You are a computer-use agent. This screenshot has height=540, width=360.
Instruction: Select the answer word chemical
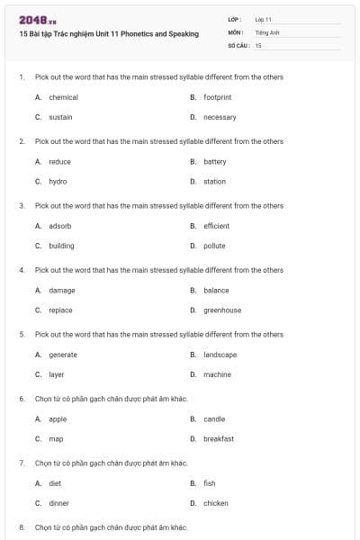63,97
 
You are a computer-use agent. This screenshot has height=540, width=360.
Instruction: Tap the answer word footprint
218,97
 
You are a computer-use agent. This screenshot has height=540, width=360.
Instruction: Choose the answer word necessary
220,117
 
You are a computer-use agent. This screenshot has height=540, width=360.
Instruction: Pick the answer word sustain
60,117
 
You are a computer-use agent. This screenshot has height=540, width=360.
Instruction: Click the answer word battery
215,162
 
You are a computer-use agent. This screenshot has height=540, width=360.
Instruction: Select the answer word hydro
58,182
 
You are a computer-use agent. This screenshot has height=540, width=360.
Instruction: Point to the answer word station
214,182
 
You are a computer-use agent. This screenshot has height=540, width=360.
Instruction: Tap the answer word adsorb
59,226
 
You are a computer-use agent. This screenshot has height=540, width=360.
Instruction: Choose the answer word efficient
216,226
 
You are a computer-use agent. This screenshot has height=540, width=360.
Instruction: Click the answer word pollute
214,246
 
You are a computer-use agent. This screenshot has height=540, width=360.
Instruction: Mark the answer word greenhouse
222,310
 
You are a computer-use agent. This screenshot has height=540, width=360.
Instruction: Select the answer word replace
60,310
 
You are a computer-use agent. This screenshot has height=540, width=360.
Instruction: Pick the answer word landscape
220,355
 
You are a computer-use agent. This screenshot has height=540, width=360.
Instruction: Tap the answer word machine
217,374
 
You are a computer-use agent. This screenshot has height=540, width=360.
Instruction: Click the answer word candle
214,419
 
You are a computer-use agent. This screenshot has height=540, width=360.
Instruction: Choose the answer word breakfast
219,439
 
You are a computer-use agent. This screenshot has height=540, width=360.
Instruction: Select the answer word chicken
216,504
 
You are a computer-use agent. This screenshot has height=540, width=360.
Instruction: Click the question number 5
22,335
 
